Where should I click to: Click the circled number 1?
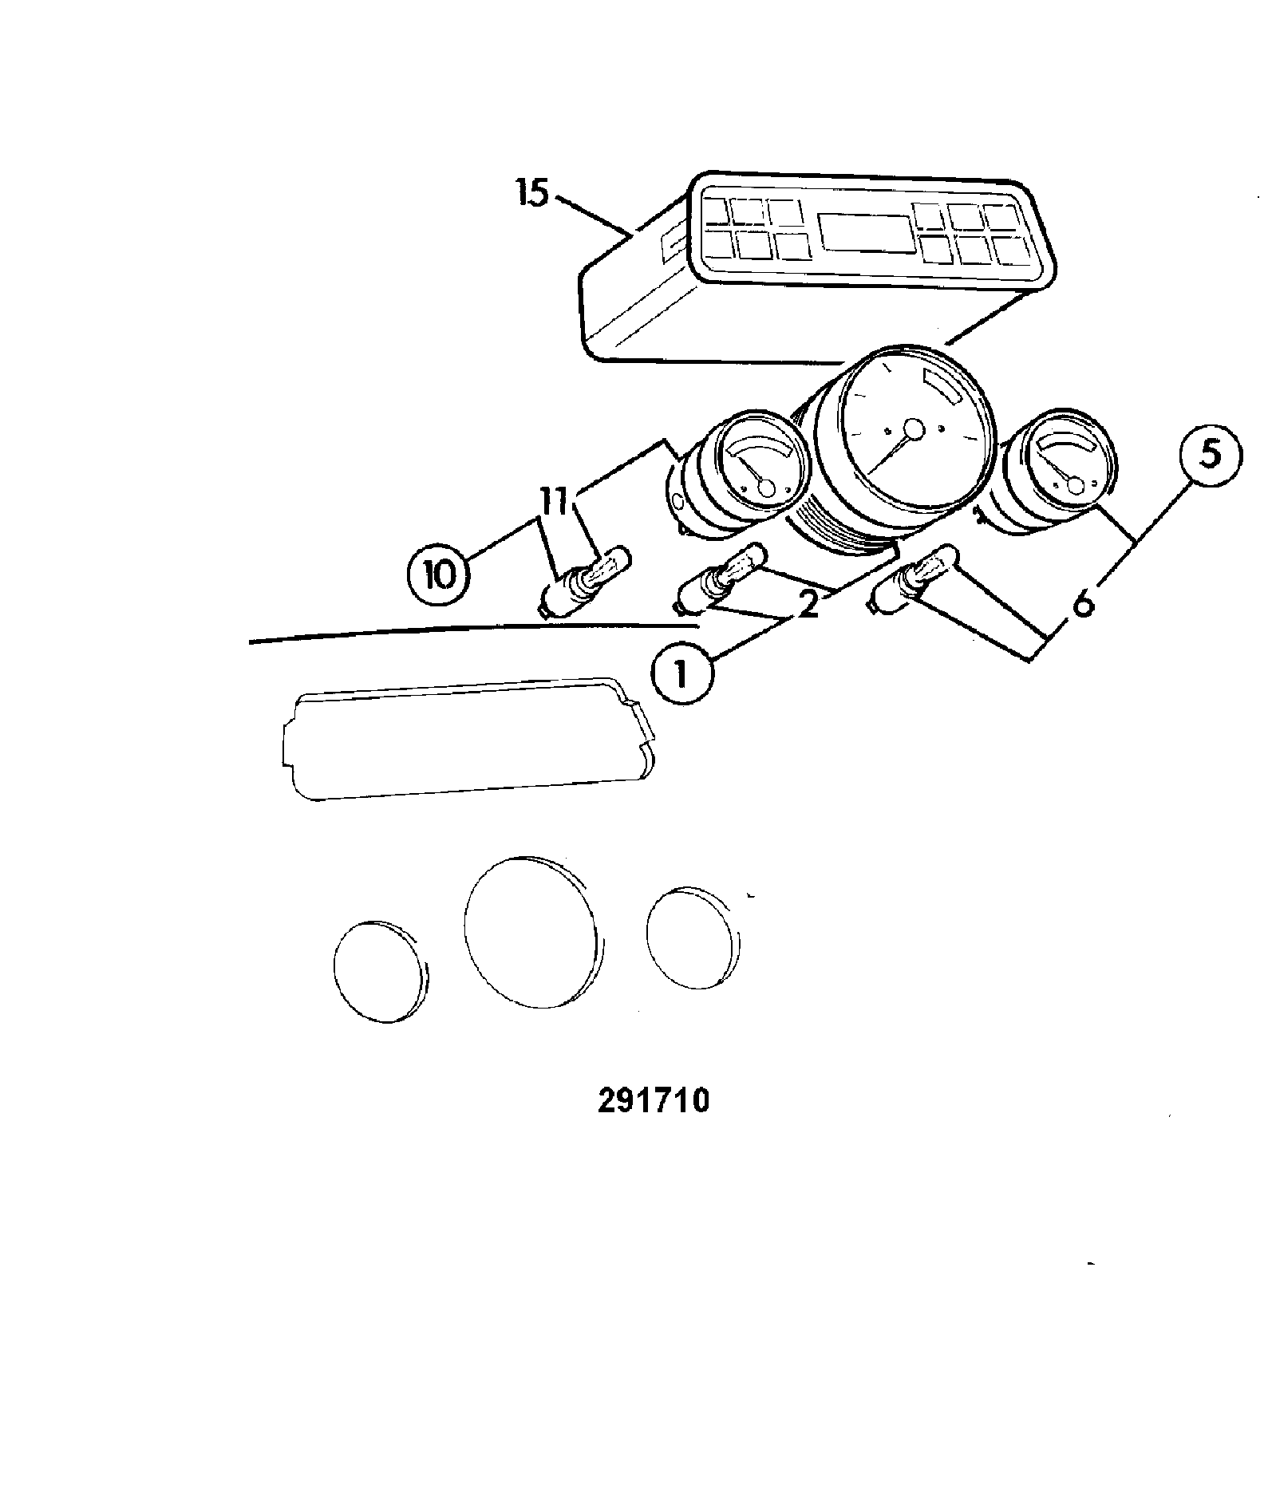point(681,675)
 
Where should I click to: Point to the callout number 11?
point(559,503)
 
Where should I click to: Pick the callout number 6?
point(1082,603)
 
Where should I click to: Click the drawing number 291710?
point(654,1100)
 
